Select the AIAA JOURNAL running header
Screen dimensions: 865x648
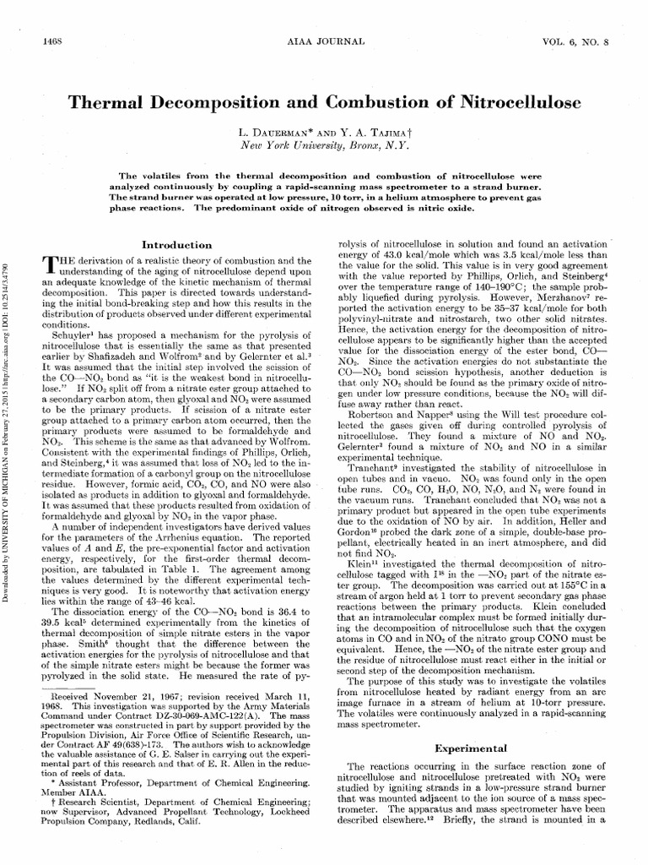323,41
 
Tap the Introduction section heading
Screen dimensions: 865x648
178,244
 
